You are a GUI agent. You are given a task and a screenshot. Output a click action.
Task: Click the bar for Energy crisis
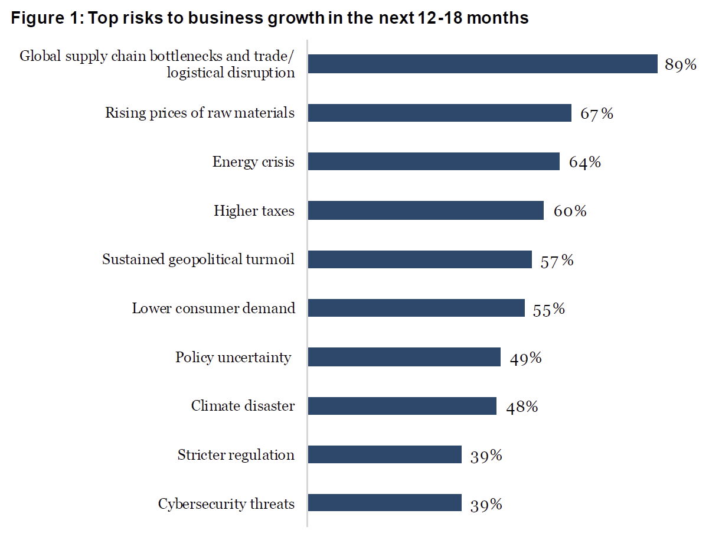coord(433,161)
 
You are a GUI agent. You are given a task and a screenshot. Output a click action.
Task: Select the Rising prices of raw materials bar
coord(439,113)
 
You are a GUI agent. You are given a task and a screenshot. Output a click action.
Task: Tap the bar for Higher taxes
coord(426,210)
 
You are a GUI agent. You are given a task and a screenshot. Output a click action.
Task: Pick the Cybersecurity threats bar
coord(384,503)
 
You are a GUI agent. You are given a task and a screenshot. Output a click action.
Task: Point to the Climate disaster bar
coord(402,405)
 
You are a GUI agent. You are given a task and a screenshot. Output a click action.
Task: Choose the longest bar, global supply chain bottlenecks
coord(482,64)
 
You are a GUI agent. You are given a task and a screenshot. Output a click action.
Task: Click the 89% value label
coord(681,65)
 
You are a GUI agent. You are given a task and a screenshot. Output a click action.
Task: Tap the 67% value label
coord(596,113)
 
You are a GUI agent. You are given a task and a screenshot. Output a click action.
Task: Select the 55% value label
coord(549,309)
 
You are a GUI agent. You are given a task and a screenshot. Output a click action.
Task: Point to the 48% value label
coord(522,407)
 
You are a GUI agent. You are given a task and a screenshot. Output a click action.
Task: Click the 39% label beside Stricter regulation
coord(486,456)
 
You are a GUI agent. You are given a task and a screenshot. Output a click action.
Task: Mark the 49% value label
coord(526,358)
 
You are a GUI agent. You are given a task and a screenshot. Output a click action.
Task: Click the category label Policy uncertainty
coord(233,357)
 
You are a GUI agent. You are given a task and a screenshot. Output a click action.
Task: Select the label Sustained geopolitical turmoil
coord(198,259)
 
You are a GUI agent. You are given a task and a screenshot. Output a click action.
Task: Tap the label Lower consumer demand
coord(213,308)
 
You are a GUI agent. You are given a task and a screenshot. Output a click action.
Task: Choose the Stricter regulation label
coord(236,455)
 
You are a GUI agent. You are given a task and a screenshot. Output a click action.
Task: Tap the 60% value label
coord(570,212)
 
